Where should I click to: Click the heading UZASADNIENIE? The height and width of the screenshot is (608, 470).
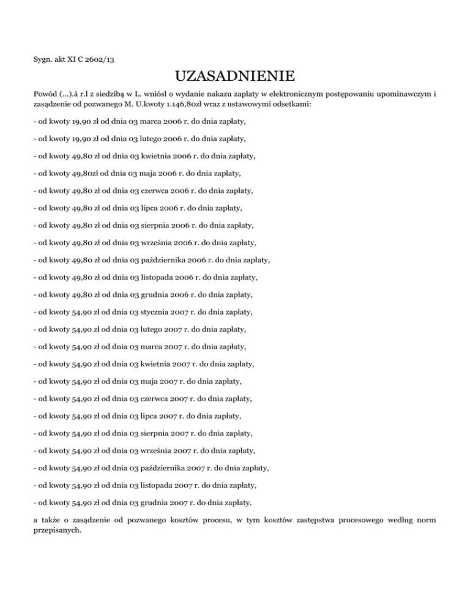point(235,76)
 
